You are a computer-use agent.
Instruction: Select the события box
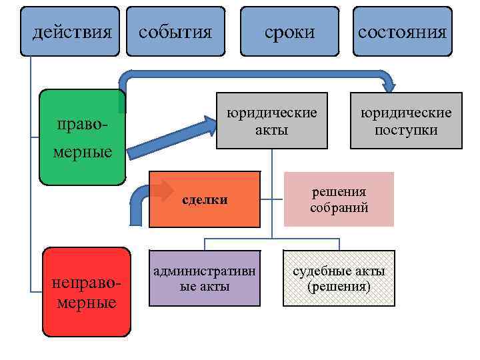(176, 32)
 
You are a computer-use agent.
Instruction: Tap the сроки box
(289, 32)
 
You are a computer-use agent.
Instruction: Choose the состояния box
(402, 32)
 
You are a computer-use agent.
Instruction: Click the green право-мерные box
(82, 137)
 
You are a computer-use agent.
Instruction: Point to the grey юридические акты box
(272, 120)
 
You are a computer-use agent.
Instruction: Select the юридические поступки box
(406, 120)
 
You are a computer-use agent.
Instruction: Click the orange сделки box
(203, 199)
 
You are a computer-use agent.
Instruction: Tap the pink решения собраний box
(339, 199)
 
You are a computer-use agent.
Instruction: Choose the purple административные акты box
(205, 278)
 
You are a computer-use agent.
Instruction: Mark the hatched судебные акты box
(339, 278)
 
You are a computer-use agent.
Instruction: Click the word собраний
(339, 208)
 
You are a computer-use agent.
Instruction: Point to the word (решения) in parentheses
(339, 287)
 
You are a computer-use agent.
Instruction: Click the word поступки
(406, 129)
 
